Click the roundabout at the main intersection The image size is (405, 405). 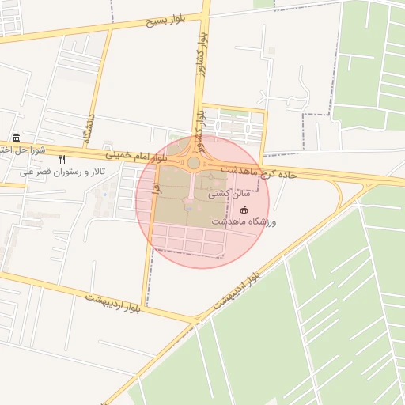pos(193,163)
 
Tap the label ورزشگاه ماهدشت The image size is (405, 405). pos(243,223)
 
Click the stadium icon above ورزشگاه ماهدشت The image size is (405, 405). pos(244,210)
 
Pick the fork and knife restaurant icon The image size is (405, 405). pos(62,159)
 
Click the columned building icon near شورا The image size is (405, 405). pos(17,138)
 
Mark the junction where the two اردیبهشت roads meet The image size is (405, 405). pos(196,320)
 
